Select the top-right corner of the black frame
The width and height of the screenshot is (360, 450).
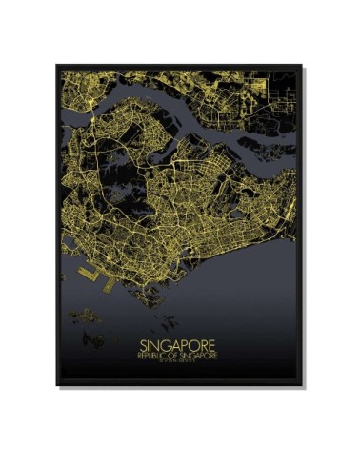(x=302, y=66)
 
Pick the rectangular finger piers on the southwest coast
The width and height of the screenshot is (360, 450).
(x=87, y=272)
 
